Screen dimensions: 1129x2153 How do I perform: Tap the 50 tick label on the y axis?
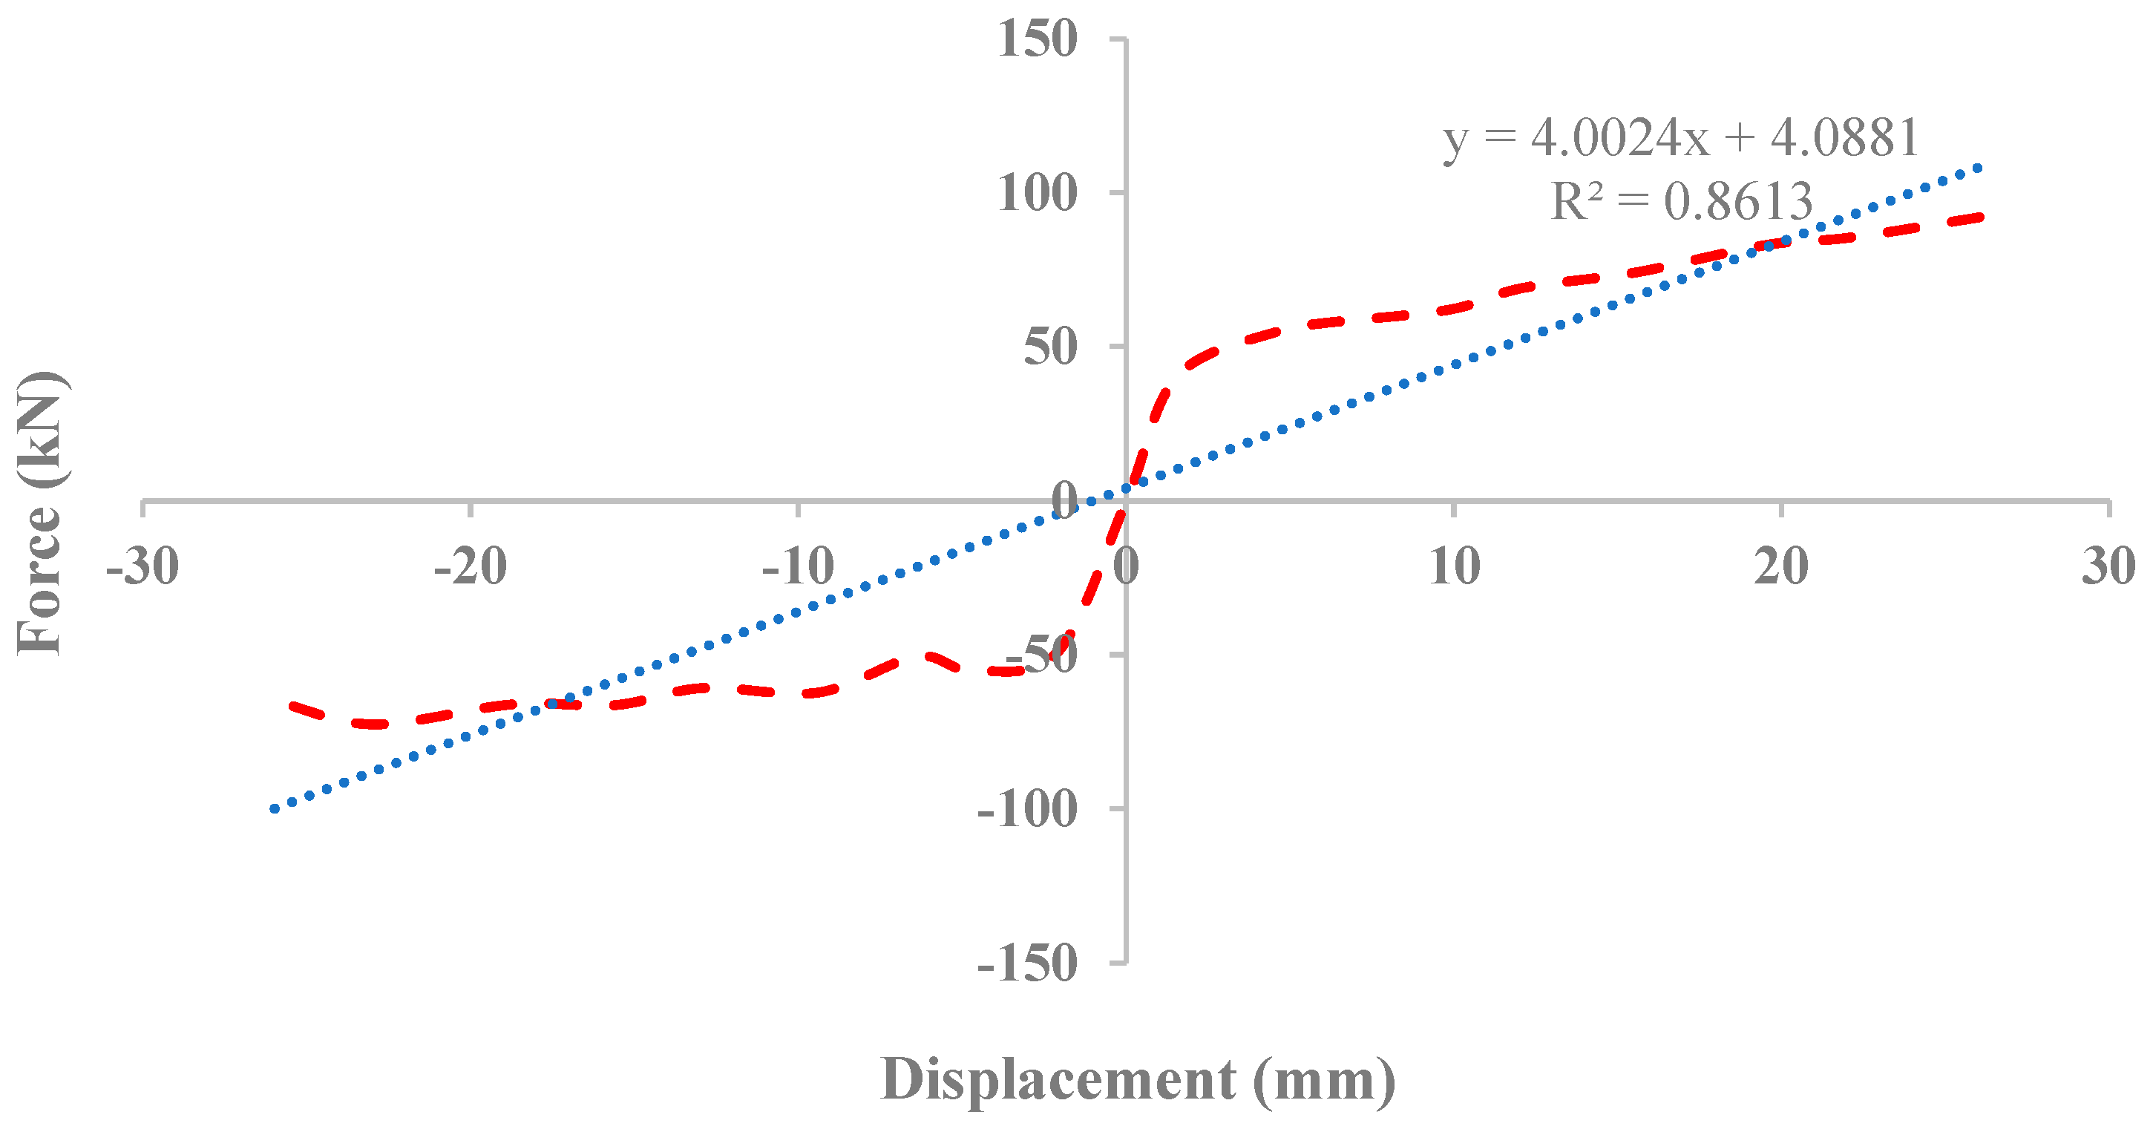(1051, 347)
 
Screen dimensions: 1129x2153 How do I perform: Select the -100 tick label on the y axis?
(1027, 809)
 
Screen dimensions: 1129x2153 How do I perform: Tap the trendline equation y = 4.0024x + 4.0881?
(1681, 138)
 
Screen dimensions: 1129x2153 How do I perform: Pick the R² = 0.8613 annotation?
(1681, 201)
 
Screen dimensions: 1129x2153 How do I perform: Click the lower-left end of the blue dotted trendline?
(273, 809)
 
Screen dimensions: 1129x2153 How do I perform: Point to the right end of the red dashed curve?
(1979, 217)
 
